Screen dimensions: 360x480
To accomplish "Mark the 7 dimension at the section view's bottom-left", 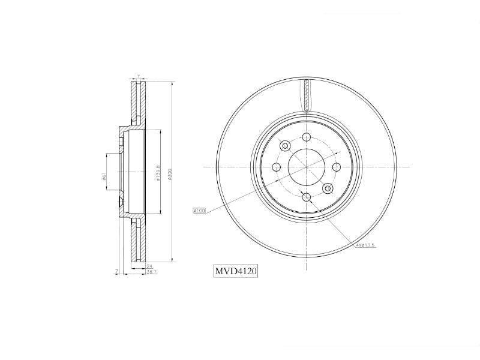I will [115, 272].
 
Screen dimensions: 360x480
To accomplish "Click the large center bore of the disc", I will [305, 167].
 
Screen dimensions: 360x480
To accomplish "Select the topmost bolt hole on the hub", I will [306, 137].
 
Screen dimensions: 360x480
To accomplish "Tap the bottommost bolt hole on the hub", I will [306, 197].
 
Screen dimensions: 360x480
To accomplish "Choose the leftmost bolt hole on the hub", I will [276, 167].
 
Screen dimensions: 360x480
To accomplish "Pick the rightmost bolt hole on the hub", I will [335, 167].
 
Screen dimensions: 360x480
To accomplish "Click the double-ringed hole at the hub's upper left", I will [284, 146].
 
